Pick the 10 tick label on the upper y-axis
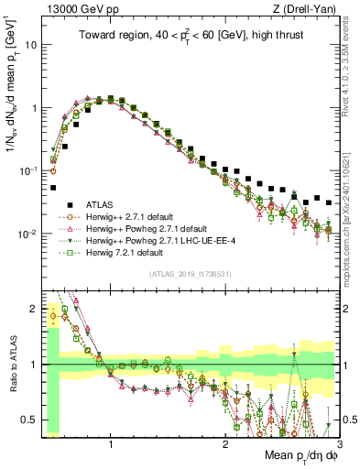point(31,44)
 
